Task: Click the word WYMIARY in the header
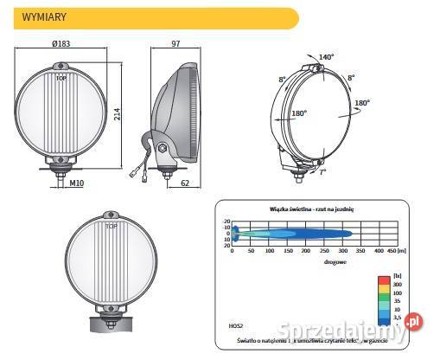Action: click(46, 16)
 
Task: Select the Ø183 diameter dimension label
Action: click(61, 43)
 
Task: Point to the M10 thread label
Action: click(76, 183)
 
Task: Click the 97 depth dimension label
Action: click(176, 43)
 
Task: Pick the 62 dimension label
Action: click(184, 183)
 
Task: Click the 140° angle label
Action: click(326, 56)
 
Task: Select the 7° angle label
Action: click(322, 172)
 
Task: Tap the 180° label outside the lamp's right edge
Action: click(362, 102)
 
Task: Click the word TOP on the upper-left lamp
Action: click(61, 78)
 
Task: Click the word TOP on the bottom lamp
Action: click(111, 226)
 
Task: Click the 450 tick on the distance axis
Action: click(391, 252)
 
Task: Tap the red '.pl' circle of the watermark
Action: click(412, 320)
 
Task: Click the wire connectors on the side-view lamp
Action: click(143, 170)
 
